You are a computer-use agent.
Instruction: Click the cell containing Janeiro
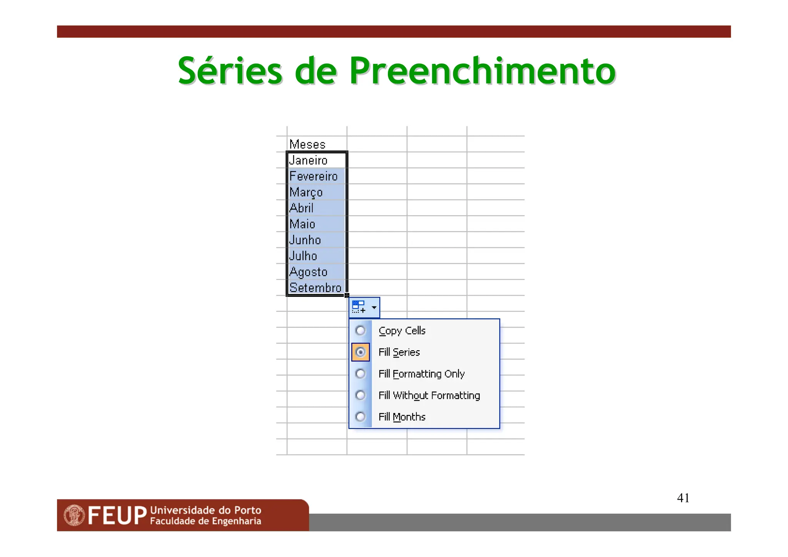(316, 160)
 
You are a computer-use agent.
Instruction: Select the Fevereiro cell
(316, 176)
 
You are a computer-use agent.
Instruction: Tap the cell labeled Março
(316, 192)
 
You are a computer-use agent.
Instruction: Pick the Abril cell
(316, 208)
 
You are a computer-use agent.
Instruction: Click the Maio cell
(316, 224)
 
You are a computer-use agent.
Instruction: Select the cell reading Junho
(316, 240)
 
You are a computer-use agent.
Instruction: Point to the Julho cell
(316, 256)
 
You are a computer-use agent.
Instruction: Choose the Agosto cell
(316, 272)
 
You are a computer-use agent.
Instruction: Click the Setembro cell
(316, 288)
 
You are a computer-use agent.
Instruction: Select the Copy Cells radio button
(361, 331)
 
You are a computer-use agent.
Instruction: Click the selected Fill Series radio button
(361, 352)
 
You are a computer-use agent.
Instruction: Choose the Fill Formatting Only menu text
(421, 374)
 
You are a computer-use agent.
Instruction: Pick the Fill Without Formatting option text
(429, 395)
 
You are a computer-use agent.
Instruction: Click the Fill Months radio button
(361, 417)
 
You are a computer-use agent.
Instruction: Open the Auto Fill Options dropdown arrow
(374, 308)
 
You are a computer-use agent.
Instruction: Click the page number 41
(683, 498)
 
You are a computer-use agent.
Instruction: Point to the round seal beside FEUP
(74, 515)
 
